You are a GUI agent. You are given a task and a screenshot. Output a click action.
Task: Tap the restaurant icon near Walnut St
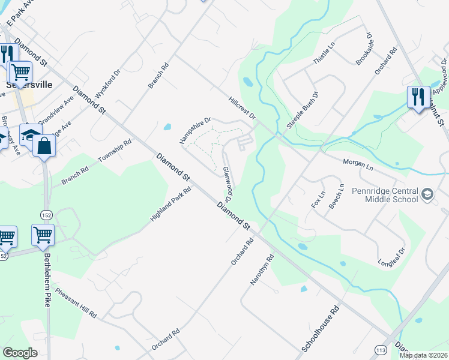418,97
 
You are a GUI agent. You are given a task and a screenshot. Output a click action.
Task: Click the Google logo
20,353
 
